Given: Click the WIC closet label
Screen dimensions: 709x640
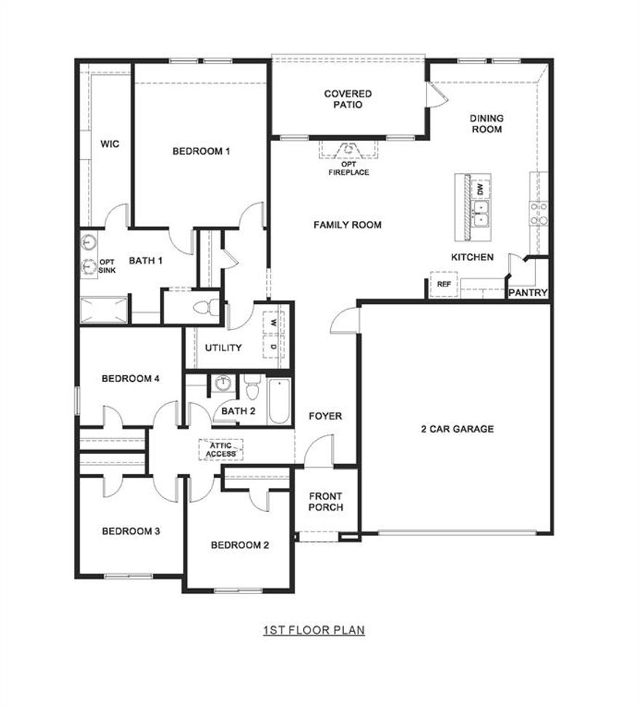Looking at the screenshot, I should click(x=110, y=144).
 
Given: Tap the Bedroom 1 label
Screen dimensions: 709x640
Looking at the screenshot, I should click(x=201, y=151).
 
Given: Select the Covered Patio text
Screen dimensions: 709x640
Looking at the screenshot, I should click(x=348, y=99).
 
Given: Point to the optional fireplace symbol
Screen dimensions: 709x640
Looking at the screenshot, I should click(x=349, y=150).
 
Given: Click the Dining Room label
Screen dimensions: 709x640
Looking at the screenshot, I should click(x=487, y=124).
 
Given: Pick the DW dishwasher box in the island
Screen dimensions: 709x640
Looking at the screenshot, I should click(x=480, y=189).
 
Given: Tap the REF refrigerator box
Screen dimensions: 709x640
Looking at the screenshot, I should click(x=444, y=284).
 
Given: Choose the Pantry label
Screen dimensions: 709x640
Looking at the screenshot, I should click(x=528, y=292).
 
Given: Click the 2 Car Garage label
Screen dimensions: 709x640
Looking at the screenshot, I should click(x=457, y=429).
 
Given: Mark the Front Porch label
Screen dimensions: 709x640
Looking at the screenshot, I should click(x=326, y=502).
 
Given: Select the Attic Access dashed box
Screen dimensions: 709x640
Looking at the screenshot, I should click(x=221, y=449).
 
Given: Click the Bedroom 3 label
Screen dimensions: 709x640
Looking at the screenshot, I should click(x=131, y=531).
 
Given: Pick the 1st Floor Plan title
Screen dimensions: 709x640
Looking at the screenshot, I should click(x=313, y=630).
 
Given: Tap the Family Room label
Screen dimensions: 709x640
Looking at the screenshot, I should click(x=348, y=225).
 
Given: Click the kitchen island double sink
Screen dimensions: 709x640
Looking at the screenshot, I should click(x=480, y=212).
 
